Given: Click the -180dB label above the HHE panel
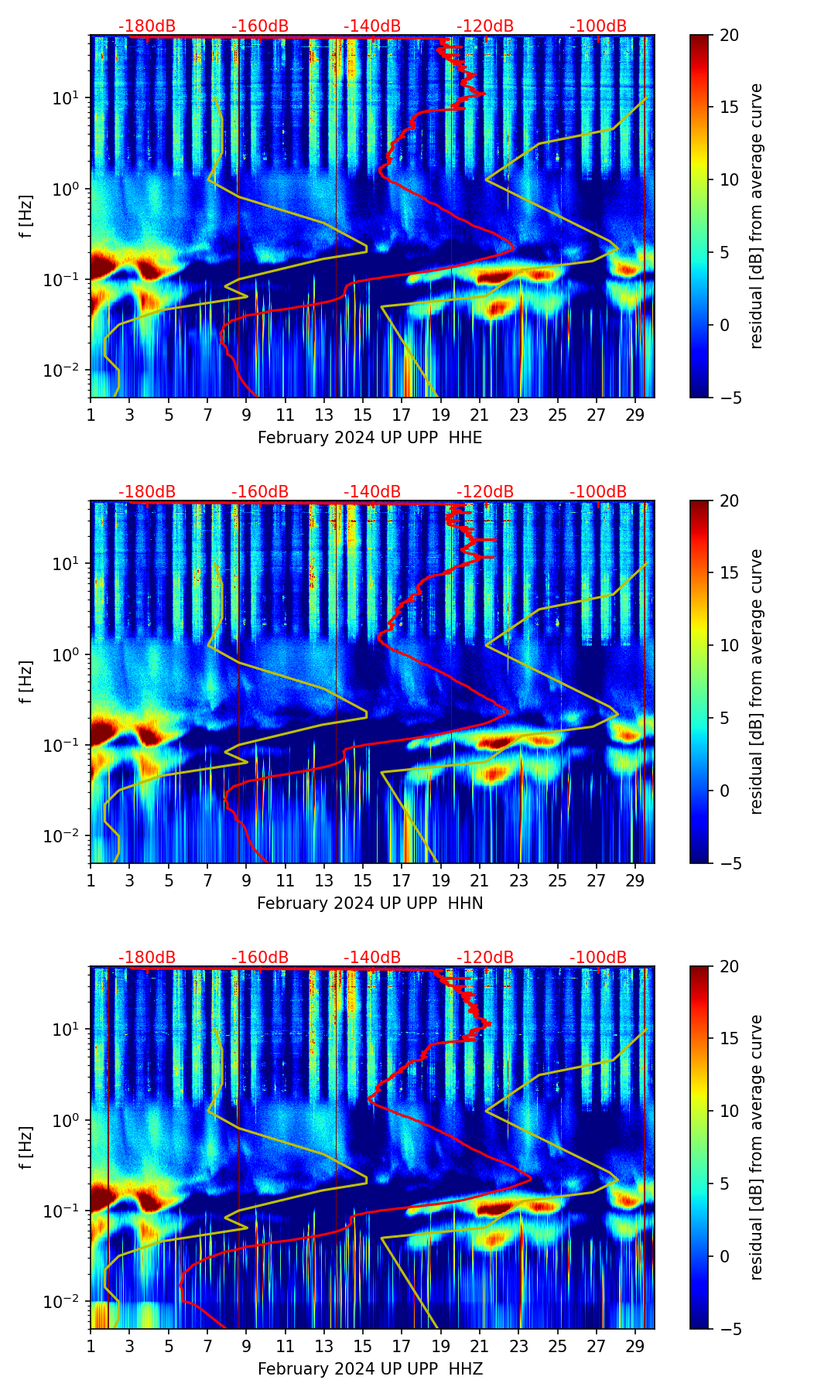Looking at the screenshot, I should click(x=147, y=26).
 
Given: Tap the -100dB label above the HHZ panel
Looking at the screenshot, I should click(x=598, y=958).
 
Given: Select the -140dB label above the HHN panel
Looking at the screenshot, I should click(x=372, y=492).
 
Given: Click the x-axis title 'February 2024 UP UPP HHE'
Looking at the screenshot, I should click(x=370, y=438).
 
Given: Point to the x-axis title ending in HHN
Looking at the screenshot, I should click(x=370, y=903).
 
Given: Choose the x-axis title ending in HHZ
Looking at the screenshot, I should click(x=370, y=1369).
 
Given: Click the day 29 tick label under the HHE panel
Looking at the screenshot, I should click(x=635, y=415).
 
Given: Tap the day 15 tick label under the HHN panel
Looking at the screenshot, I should click(x=362, y=881).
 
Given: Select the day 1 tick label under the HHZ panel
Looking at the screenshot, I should click(x=91, y=1347).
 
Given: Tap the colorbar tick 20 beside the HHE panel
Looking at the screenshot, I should click(x=729, y=35).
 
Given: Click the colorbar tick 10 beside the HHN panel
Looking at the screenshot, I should click(x=729, y=645).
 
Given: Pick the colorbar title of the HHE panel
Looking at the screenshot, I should click(x=756, y=216).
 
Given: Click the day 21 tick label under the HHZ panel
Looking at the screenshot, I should click(x=479, y=1347).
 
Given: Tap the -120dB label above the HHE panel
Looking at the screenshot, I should click(x=485, y=26).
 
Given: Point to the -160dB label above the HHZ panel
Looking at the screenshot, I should click(x=260, y=958).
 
